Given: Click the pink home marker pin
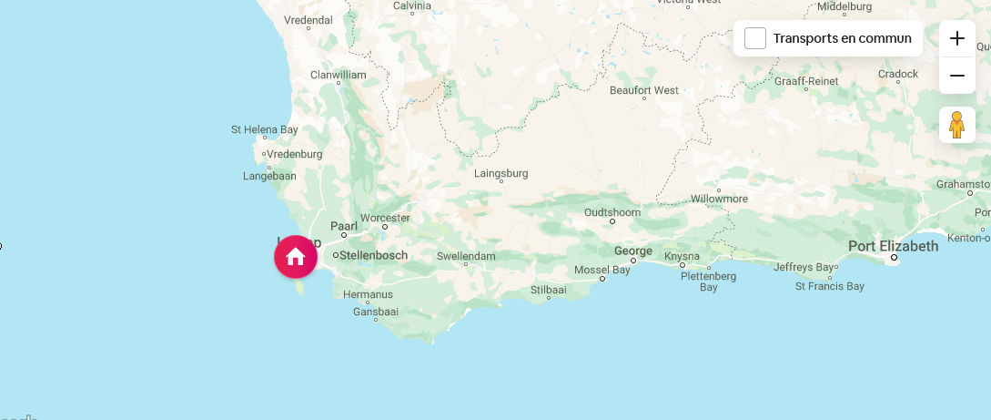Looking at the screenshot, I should [x=296, y=257].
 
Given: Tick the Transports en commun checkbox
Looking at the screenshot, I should [x=755, y=38].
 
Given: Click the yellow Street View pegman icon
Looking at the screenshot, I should [x=956, y=125].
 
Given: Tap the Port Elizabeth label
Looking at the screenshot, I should [x=893, y=246].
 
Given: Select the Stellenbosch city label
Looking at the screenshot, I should [x=373, y=255].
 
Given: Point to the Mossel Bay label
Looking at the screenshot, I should [x=602, y=270].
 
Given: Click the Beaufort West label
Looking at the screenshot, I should [x=644, y=90].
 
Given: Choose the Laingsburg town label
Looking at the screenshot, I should [x=501, y=173].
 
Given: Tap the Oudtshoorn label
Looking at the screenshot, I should [x=612, y=212].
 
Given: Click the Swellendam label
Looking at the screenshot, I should [x=466, y=256].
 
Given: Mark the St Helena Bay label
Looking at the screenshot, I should [x=265, y=129].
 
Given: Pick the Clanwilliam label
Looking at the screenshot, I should [x=338, y=75].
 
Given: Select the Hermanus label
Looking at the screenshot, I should [x=368, y=294].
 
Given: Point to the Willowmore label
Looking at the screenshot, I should [x=719, y=198].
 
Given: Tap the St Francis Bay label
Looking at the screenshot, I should [x=829, y=286].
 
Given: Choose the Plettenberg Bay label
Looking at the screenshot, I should [x=708, y=281].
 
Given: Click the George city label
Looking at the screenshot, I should [x=633, y=251].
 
